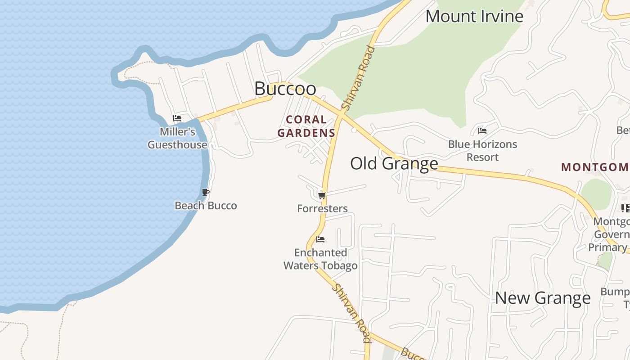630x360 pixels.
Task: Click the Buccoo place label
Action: (285, 89)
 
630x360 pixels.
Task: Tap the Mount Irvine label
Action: (474, 17)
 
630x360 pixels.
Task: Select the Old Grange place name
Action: (394, 163)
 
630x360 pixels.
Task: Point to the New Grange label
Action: (543, 298)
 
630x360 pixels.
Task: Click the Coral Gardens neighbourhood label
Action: (306, 126)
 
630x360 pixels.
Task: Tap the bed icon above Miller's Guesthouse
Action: (177, 119)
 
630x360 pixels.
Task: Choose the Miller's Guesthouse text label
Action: (177, 138)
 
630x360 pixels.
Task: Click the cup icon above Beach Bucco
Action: (206, 193)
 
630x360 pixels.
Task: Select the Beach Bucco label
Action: (206, 206)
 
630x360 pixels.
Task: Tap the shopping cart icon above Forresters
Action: (322, 195)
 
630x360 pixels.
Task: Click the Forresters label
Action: (322, 208)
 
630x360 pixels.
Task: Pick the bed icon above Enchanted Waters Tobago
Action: (320, 239)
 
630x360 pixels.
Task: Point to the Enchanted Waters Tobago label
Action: (320, 259)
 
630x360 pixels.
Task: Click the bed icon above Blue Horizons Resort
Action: (482, 131)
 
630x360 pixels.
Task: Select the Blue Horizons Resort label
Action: (482, 151)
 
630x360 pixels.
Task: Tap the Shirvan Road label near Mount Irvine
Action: (358, 78)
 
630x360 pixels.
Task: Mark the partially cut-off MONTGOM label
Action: (594, 167)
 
